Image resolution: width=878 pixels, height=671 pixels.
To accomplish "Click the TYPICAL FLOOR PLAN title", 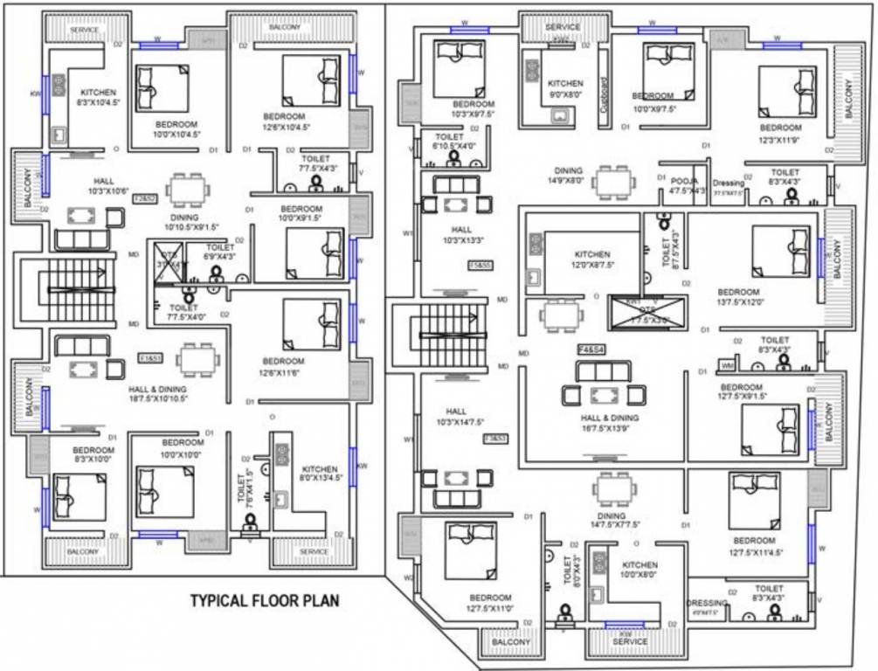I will (265, 600).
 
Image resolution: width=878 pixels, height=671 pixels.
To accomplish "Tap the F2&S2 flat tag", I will (144, 198).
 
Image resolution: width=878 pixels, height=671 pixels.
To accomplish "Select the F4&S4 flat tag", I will (591, 349).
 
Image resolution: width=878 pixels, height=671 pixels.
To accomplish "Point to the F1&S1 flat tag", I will (150, 358).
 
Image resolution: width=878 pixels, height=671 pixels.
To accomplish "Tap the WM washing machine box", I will (728, 364).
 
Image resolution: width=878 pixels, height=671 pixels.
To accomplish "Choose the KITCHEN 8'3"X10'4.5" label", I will (98, 97).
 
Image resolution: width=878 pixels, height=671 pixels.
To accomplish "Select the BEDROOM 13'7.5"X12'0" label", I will (740, 297).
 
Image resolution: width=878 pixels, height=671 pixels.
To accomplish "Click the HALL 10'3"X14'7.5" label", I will (456, 417).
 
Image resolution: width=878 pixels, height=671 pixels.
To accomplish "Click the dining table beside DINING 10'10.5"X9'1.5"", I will (188, 190).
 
